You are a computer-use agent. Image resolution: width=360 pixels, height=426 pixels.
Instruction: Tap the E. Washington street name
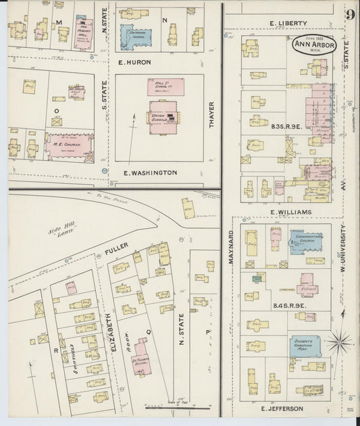(150, 173)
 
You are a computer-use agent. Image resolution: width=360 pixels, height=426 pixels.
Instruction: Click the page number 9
(350, 15)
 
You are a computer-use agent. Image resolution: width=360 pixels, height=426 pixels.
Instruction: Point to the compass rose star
(340, 342)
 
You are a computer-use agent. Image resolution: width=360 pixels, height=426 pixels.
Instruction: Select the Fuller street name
(116, 254)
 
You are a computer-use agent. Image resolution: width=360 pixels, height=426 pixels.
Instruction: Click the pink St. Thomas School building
(141, 357)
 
